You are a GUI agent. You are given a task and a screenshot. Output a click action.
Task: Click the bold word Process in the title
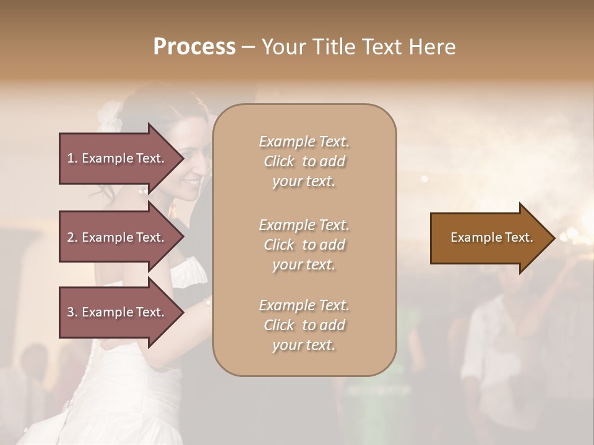194,47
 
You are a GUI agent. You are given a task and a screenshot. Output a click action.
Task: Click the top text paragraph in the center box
304,161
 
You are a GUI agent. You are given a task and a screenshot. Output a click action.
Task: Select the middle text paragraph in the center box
304,245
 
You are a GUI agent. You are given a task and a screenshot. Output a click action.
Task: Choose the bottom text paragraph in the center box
304,325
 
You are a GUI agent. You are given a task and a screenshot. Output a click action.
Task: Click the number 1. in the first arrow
72,158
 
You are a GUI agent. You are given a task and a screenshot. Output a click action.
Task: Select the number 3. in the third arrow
72,312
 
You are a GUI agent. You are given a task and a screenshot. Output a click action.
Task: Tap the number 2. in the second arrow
72,237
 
